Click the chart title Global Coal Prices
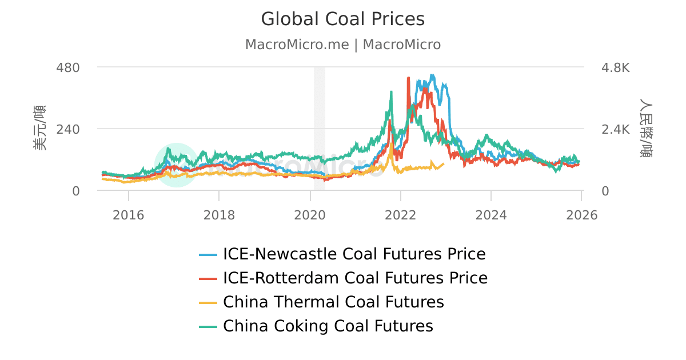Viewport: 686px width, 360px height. coord(343,19)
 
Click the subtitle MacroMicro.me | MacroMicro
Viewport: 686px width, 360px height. coord(343,45)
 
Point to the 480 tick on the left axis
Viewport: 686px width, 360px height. coord(67,67)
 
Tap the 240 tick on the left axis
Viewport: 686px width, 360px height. coord(67,129)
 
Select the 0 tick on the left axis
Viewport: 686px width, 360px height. coord(75,191)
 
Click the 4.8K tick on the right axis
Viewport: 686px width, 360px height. coord(615,67)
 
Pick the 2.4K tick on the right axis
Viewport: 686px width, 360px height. coord(615,129)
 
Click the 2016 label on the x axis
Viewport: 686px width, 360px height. coord(129,215)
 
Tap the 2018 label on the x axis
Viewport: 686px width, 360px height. coord(219,215)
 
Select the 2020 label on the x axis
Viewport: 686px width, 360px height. coord(310,215)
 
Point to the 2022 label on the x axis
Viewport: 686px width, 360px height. coord(401,215)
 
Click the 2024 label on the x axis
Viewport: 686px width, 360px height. coord(491,215)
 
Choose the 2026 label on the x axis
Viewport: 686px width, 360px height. coord(581,215)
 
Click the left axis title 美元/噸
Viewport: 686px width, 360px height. coord(39,128)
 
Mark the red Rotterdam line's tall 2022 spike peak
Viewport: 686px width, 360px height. coord(408,78)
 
